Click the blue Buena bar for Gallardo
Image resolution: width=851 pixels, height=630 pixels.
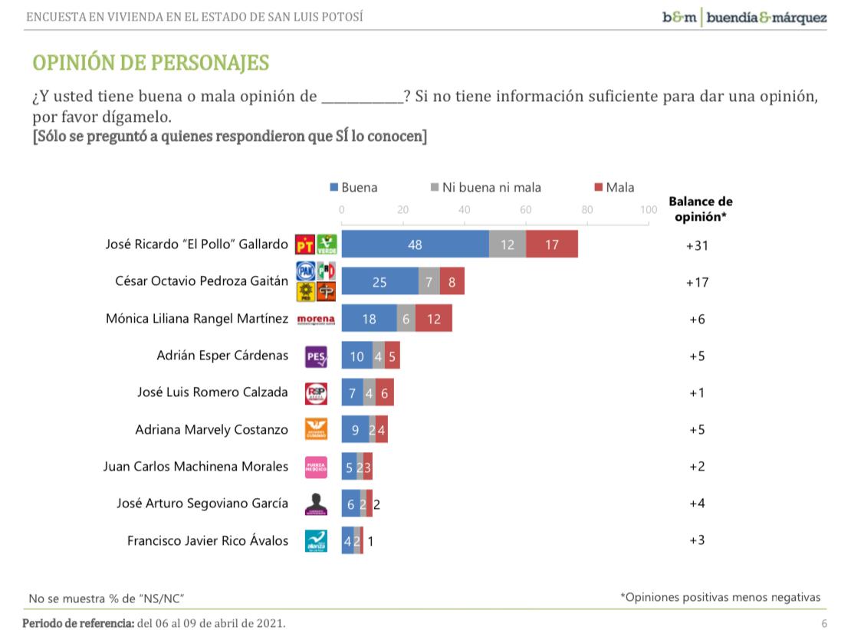pyautogui.click(x=415, y=244)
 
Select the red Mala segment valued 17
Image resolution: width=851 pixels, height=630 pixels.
pyautogui.click(x=552, y=244)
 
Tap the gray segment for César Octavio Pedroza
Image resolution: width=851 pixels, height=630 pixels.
pyautogui.click(x=429, y=281)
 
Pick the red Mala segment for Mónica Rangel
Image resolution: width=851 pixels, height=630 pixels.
pyautogui.click(x=434, y=319)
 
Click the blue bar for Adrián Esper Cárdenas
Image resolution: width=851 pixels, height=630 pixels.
pyautogui.click(x=356, y=356)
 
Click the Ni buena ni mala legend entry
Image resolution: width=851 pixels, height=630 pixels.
pyautogui.click(x=486, y=187)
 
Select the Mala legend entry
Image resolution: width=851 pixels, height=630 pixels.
pyautogui.click(x=614, y=187)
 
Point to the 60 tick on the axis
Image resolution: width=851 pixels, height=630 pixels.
pyautogui.click(x=525, y=209)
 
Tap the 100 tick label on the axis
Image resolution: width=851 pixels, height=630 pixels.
pyautogui.click(x=648, y=209)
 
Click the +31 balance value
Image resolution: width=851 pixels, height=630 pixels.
pyautogui.click(x=697, y=245)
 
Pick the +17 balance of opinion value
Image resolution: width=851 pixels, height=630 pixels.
pyautogui.click(x=697, y=282)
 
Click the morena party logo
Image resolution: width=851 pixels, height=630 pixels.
pyautogui.click(x=316, y=319)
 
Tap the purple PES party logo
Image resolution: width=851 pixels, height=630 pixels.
pyautogui.click(x=316, y=356)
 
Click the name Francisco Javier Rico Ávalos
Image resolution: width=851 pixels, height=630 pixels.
pyautogui.click(x=208, y=540)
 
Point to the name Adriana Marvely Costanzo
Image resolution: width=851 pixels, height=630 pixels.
pyautogui.click(x=212, y=430)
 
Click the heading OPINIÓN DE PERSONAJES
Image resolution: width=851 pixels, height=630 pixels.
pyautogui.click(x=150, y=63)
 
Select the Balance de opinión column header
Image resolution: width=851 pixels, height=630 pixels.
pyautogui.click(x=700, y=208)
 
